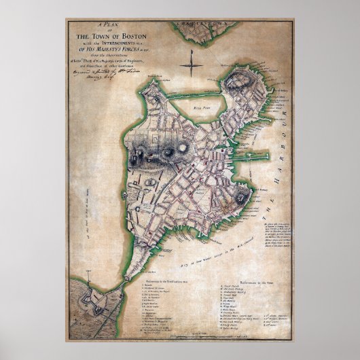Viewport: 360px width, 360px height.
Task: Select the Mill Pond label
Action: pyautogui.click(x=201, y=107)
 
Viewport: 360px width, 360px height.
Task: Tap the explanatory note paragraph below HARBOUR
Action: pyautogui.click(x=278, y=238)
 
